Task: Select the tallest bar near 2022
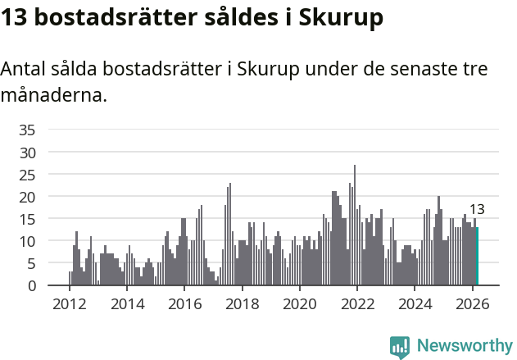pos(355,226)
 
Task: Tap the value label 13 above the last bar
pos(477,209)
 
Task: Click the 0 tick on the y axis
pos(31,285)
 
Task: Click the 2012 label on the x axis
pos(69,303)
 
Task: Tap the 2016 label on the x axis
pos(184,303)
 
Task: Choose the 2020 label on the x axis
pos(299,303)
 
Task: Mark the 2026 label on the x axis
pos(472,303)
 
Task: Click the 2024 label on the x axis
pos(415,303)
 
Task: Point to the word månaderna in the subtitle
pos(54,95)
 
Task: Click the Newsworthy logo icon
pos(400,346)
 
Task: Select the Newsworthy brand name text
pos(464,346)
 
